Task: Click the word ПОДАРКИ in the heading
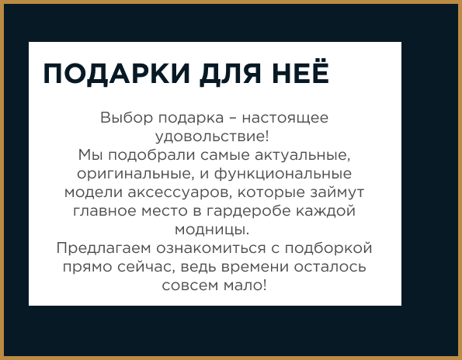pyautogui.click(x=116, y=74)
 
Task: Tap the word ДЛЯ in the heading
pyautogui.click(x=231, y=74)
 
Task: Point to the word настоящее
pyautogui.click(x=285, y=119)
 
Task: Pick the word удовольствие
pyautogui.click(x=210, y=137)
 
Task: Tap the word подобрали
pyautogui.click(x=151, y=155)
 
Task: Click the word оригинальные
pyautogui.click(x=134, y=175)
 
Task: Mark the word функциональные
pyautogui.click(x=283, y=174)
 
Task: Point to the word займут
pyautogui.click(x=337, y=192)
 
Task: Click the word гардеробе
pyautogui.click(x=248, y=211)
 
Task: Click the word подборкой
pyautogui.click(x=328, y=248)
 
